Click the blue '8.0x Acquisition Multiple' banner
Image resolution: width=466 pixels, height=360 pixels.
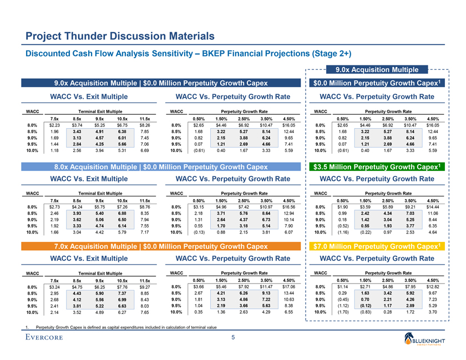[160, 166]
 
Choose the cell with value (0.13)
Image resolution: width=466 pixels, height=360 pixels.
[197, 232]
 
